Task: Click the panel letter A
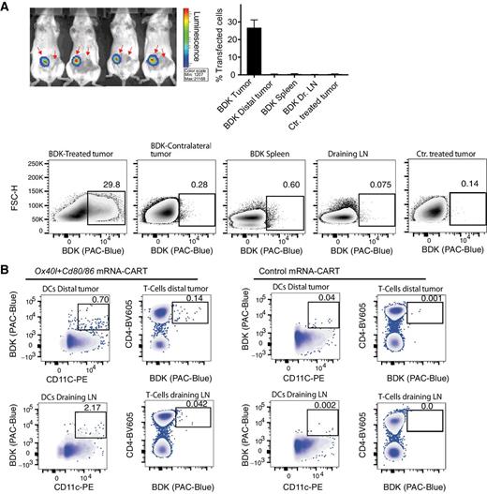click(x=7, y=7)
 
